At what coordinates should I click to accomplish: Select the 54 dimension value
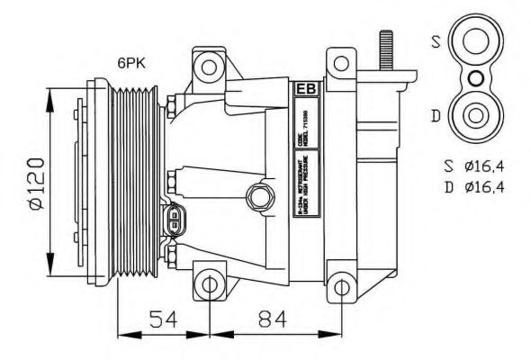click(x=162, y=319)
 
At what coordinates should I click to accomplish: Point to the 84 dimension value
click(x=274, y=319)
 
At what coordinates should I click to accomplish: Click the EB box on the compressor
click(x=304, y=90)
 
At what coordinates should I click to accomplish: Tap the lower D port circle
click(x=474, y=116)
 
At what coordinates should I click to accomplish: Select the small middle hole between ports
click(x=474, y=79)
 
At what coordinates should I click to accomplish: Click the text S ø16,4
click(x=478, y=166)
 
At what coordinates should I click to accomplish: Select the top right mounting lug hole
click(x=341, y=65)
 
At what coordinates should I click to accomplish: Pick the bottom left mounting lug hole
click(x=210, y=285)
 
